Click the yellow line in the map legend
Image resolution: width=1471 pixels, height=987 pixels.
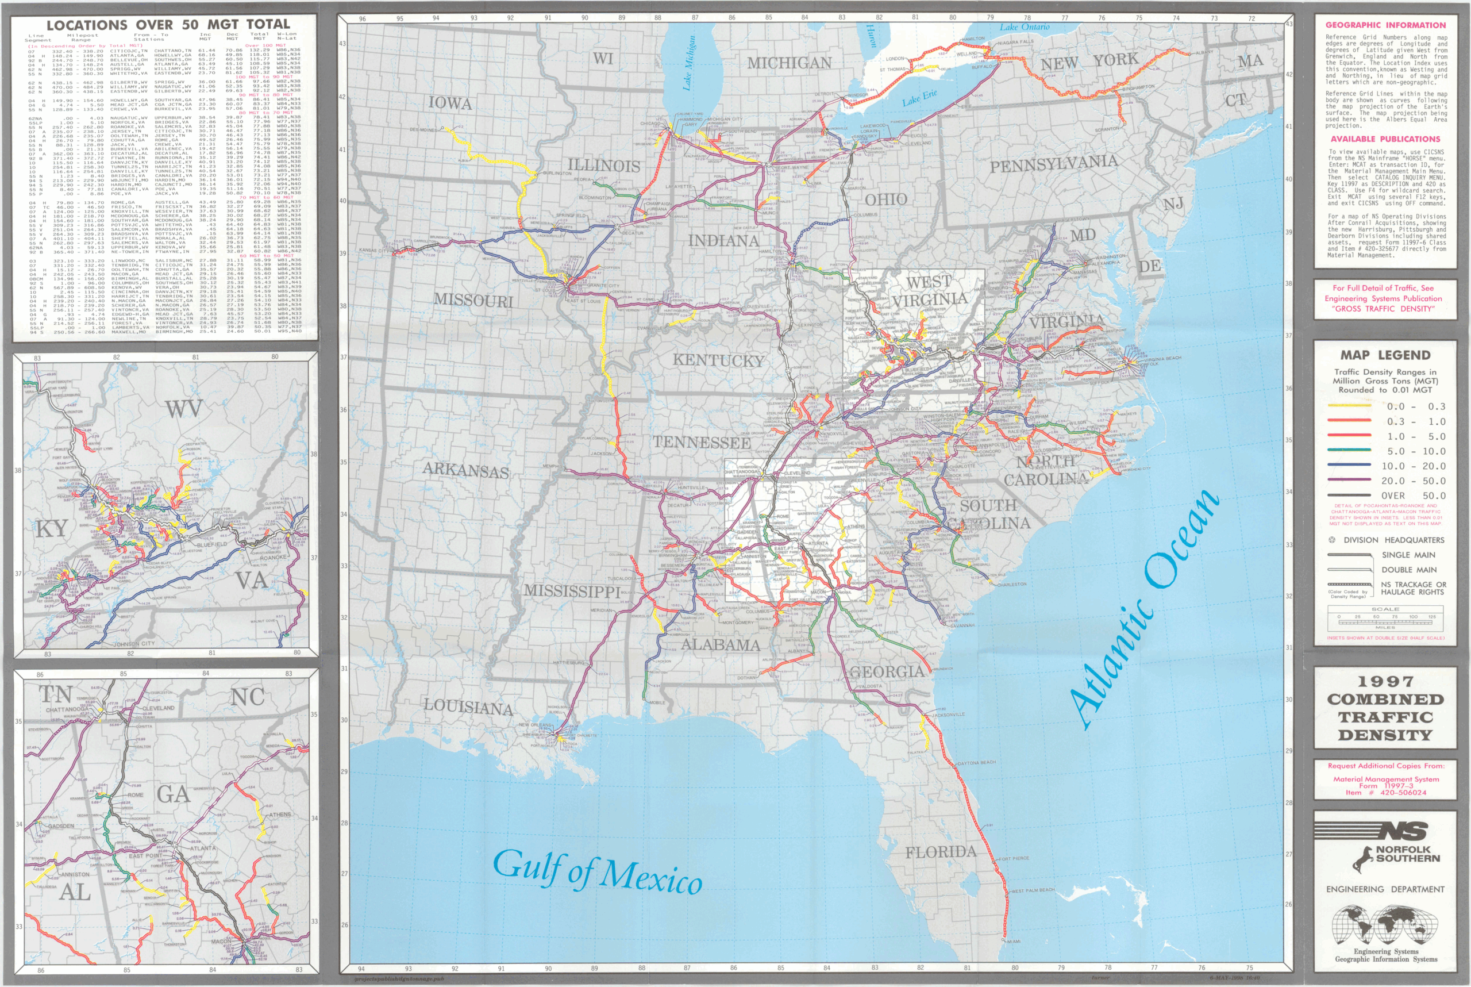[x=1349, y=406]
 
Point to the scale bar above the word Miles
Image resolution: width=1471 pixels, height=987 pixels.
[x=1385, y=622]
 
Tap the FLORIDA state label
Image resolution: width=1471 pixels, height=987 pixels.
[x=941, y=852]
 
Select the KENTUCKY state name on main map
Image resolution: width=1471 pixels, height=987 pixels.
[x=718, y=360]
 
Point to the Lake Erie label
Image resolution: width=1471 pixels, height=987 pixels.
[x=919, y=98]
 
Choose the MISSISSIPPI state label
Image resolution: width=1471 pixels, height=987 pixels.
[x=572, y=590]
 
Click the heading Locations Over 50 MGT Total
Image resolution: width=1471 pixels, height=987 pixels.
[x=168, y=25]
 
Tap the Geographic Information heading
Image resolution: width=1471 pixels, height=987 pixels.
[x=1385, y=25]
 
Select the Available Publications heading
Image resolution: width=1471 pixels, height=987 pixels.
[x=1385, y=139]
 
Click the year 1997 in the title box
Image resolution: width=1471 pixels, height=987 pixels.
[x=1385, y=682]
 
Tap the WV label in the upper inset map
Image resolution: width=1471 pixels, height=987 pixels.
[x=184, y=409]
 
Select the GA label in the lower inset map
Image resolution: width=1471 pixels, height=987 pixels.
[x=173, y=794]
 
